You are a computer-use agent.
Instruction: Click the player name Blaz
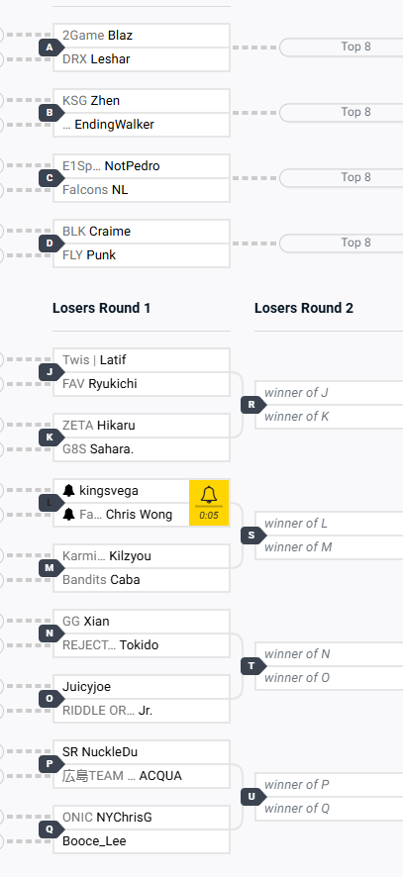point(120,36)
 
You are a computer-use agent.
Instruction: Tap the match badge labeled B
point(50,113)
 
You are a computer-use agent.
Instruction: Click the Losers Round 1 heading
point(101,308)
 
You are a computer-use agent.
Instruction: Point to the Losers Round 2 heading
point(304,308)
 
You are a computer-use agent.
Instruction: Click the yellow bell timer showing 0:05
point(209,503)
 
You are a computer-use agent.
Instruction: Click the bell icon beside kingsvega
point(69,491)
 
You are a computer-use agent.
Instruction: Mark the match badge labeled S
point(252,536)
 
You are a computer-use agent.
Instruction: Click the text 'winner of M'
point(298,547)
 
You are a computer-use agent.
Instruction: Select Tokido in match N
point(139,645)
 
